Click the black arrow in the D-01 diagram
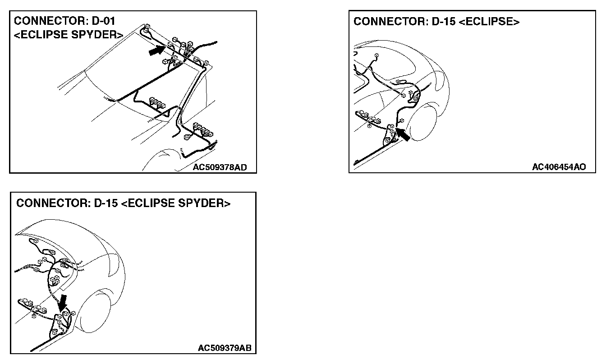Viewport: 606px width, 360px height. [156, 51]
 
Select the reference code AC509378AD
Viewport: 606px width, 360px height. [220, 168]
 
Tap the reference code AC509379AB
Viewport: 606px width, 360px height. [225, 348]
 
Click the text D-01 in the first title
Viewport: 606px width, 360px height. [108, 21]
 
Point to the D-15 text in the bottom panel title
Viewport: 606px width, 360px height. [106, 203]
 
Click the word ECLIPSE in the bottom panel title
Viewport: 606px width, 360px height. [152, 203]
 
